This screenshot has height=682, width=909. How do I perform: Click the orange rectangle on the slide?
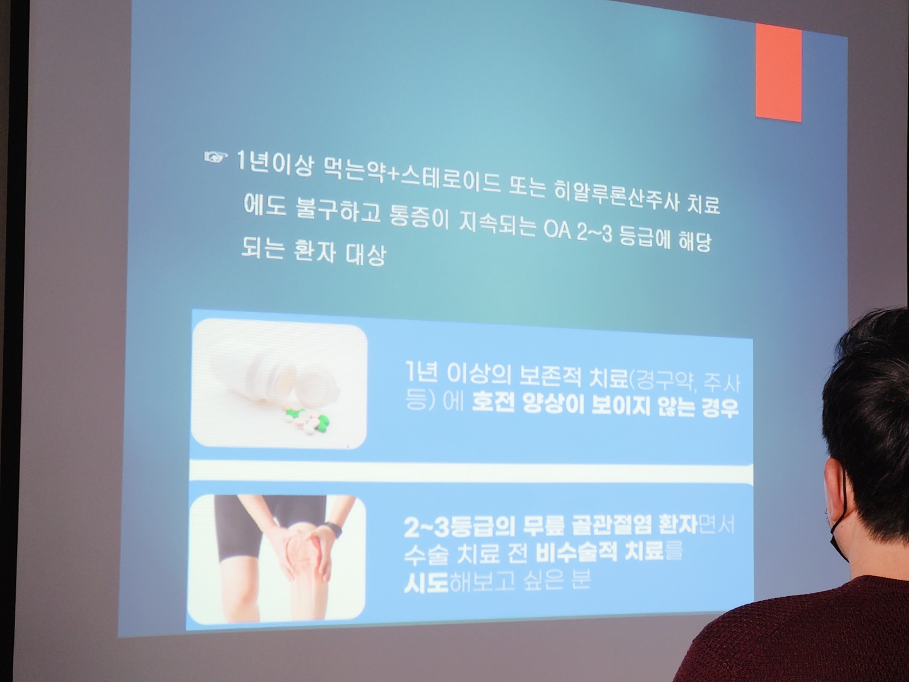click(x=778, y=73)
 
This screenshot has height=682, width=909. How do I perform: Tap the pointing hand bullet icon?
click(x=216, y=157)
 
